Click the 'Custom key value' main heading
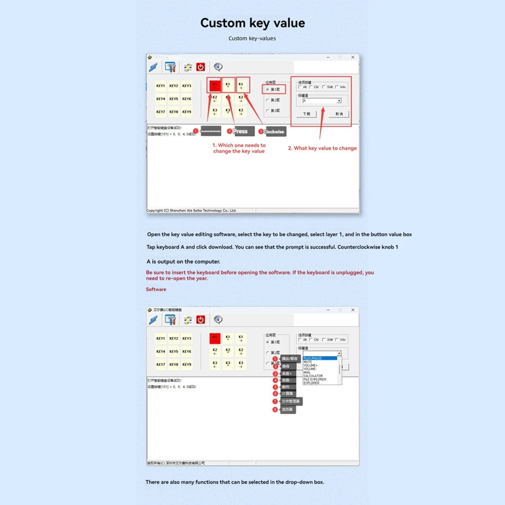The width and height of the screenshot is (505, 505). pyautogui.click(x=252, y=23)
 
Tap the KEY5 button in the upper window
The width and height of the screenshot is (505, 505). pyautogui.click(x=174, y=99)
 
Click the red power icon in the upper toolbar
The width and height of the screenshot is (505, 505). pyautogui.click(x=201, y=67)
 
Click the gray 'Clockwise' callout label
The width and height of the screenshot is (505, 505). pyautogui.click(x=275, y=132)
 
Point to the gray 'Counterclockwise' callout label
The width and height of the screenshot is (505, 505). pyautogui.click(x=211, y=131)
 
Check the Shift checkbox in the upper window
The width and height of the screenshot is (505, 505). pyautogui.click(x=324, y=87)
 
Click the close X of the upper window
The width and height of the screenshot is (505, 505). pyautogui.click(x=353, y=58)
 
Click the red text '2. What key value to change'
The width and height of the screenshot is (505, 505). pyautogui.click(x=322, y=148)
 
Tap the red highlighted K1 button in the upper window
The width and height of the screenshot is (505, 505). pyautogui.click(x=215, y=86)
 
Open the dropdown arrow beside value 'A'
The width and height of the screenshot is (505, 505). pyautogui.click(x=339, y=101)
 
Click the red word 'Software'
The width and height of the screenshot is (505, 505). pyautogui.click(x=156, y=289)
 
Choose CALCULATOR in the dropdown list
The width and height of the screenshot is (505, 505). pyautogui.click(x=313, y=376)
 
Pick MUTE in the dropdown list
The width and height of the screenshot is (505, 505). pyautogui.click(x=308, y=362)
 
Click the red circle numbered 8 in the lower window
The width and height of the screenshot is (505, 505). pyautogui.click(x=275, y=410)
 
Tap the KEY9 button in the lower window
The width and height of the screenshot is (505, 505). pyautogui.click(x=187, y=364)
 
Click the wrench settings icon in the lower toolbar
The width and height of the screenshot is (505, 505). pyautogui.click(x=171, y=320)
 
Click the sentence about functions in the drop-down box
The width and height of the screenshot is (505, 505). pyautogui.click(x=235, y=482)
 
